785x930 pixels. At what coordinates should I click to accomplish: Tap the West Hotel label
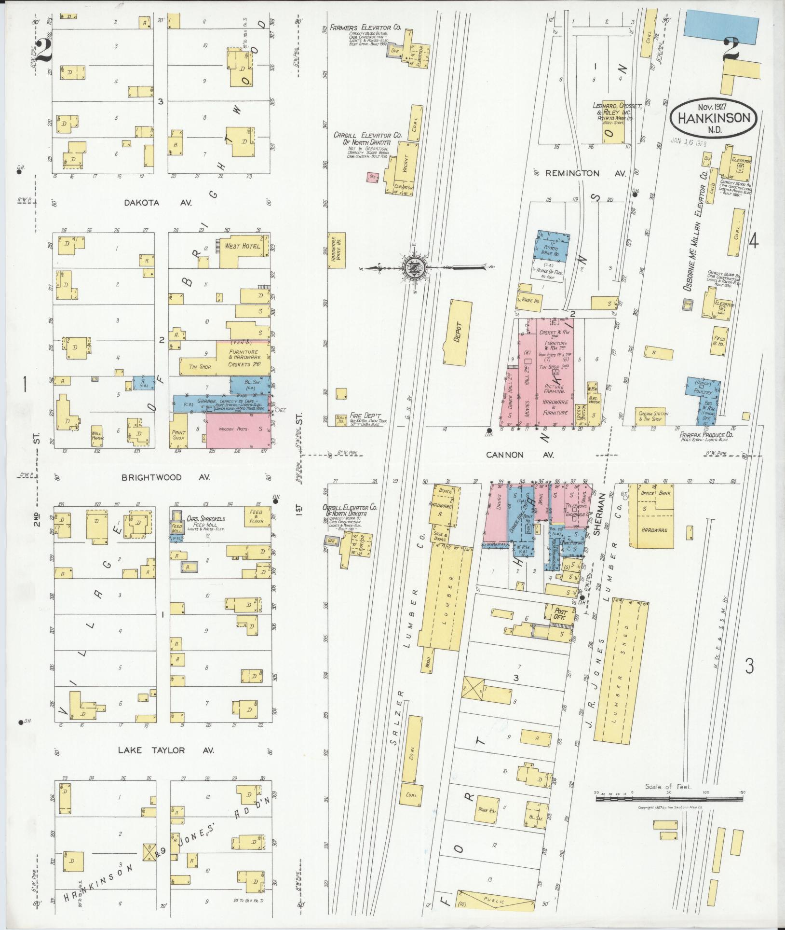point(242,246)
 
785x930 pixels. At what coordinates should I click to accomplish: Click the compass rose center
point(414,266)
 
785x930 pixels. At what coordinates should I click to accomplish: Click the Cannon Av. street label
point(520,455)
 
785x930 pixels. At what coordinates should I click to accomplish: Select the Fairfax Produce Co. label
point(706,435)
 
